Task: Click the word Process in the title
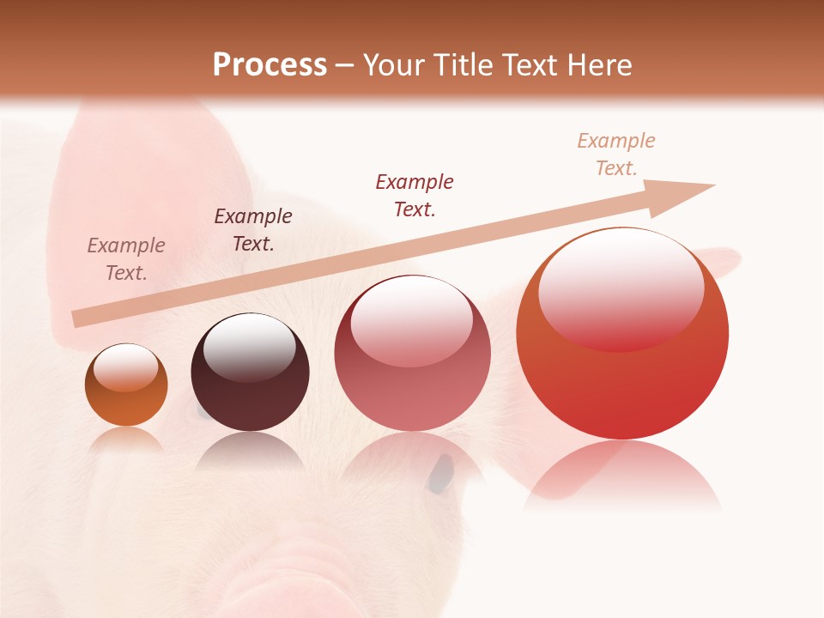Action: click(270, 65)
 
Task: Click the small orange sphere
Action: click(126, 385)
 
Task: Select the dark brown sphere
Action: click(250, 373)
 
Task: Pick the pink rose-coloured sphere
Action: click(412, 354)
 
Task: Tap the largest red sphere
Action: click(622, 333)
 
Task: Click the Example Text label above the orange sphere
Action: click(126, 259)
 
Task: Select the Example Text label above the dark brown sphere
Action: click(253, 230)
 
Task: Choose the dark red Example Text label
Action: click(415, 195)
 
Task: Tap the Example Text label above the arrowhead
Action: click(616, 154)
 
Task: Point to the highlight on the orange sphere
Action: click(125, 367)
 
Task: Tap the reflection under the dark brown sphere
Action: click(249, 451)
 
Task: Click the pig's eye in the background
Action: click(441, 474)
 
